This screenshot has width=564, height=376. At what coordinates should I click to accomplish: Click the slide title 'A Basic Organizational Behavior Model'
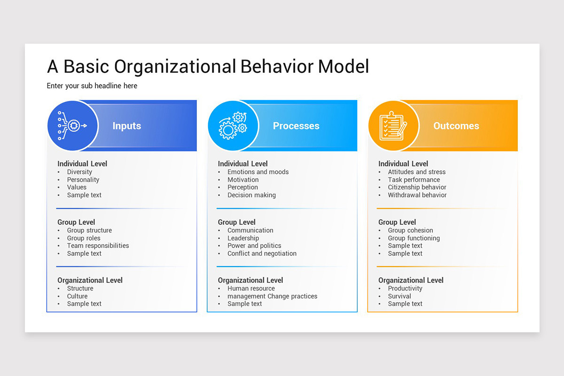(x=208, y=66)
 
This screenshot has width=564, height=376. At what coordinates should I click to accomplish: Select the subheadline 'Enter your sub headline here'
(x=92, y=86)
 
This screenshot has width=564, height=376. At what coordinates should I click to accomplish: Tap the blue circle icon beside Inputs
(x=72, y=125)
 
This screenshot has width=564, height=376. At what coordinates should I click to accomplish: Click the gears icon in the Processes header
(x=233, y=125)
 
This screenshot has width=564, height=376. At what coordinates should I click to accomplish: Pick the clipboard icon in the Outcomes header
(x=393, y=125)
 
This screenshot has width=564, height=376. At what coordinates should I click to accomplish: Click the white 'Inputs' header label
(x=126, y=126)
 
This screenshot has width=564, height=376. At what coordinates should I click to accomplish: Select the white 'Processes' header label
(x=296, y=126)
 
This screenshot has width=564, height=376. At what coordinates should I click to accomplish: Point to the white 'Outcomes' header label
(x=456, y=126)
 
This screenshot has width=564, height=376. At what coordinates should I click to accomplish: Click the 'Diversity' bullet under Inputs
(x=79, y=172)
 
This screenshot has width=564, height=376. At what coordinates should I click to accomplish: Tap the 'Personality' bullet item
(x=83, y=180)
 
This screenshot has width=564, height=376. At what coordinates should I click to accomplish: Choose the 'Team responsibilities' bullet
(x=98, y=246)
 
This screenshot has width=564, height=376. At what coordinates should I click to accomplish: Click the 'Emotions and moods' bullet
(x=258, y=172)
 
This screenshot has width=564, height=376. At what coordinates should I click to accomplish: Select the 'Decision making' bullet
(x=251, y=195)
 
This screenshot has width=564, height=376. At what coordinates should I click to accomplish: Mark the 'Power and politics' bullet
(x=254, y=246)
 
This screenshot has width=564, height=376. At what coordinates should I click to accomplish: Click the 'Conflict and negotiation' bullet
(x=262, y=253)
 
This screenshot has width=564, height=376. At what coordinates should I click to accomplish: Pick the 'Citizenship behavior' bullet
(x=417, y=187)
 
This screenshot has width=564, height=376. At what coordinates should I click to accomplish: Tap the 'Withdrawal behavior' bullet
(x=417, y=195)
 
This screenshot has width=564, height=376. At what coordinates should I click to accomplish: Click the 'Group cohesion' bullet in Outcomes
(x=410, y=230)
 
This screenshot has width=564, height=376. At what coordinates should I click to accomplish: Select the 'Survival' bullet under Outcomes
(x=399, y=296)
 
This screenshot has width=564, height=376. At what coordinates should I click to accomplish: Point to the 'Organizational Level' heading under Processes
(x=251, y=280)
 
